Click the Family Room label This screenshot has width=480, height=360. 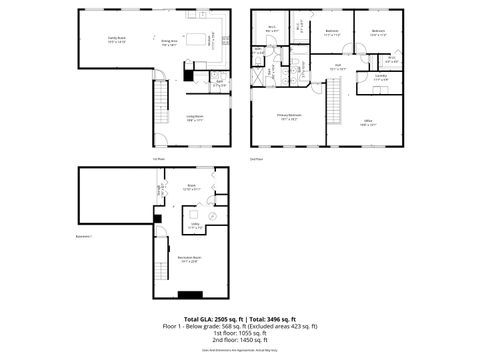pos(117,40)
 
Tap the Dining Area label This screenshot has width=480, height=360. pos(170,43)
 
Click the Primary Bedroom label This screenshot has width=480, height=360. pos(289,117)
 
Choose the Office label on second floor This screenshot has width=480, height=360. pos(367,124)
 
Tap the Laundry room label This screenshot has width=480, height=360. pos(381,77)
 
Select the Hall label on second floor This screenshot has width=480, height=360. pos(338,67)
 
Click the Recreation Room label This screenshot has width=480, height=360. pos(189,258)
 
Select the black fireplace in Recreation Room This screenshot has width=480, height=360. pos(190,294)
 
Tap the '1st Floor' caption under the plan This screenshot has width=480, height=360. pos(157,159)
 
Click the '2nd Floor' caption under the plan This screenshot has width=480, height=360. pos(256,159)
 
